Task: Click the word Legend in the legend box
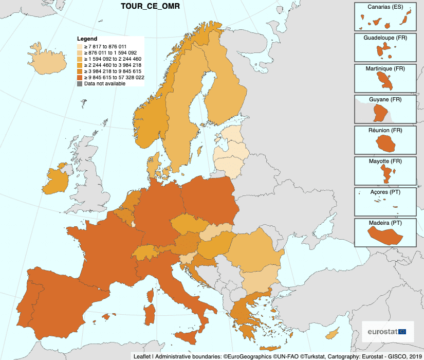(x=87, y=39)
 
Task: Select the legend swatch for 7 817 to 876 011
(x=80, y=46)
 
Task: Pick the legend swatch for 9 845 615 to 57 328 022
(x=80, y=77)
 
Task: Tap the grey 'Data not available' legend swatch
(x=80, y=83)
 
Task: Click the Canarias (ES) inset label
(x=385, y=7)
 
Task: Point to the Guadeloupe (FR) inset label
(x=385, y=38)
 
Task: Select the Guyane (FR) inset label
(x=385, y=99)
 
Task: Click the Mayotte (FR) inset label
(x=385, y=161)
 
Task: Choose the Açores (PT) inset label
(x=385, y=192)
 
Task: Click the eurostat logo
(x=387, y=332)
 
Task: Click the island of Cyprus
(x=332, y=334)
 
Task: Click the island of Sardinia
(x=150, y=314)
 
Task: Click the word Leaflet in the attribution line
(x=142, y=356)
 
